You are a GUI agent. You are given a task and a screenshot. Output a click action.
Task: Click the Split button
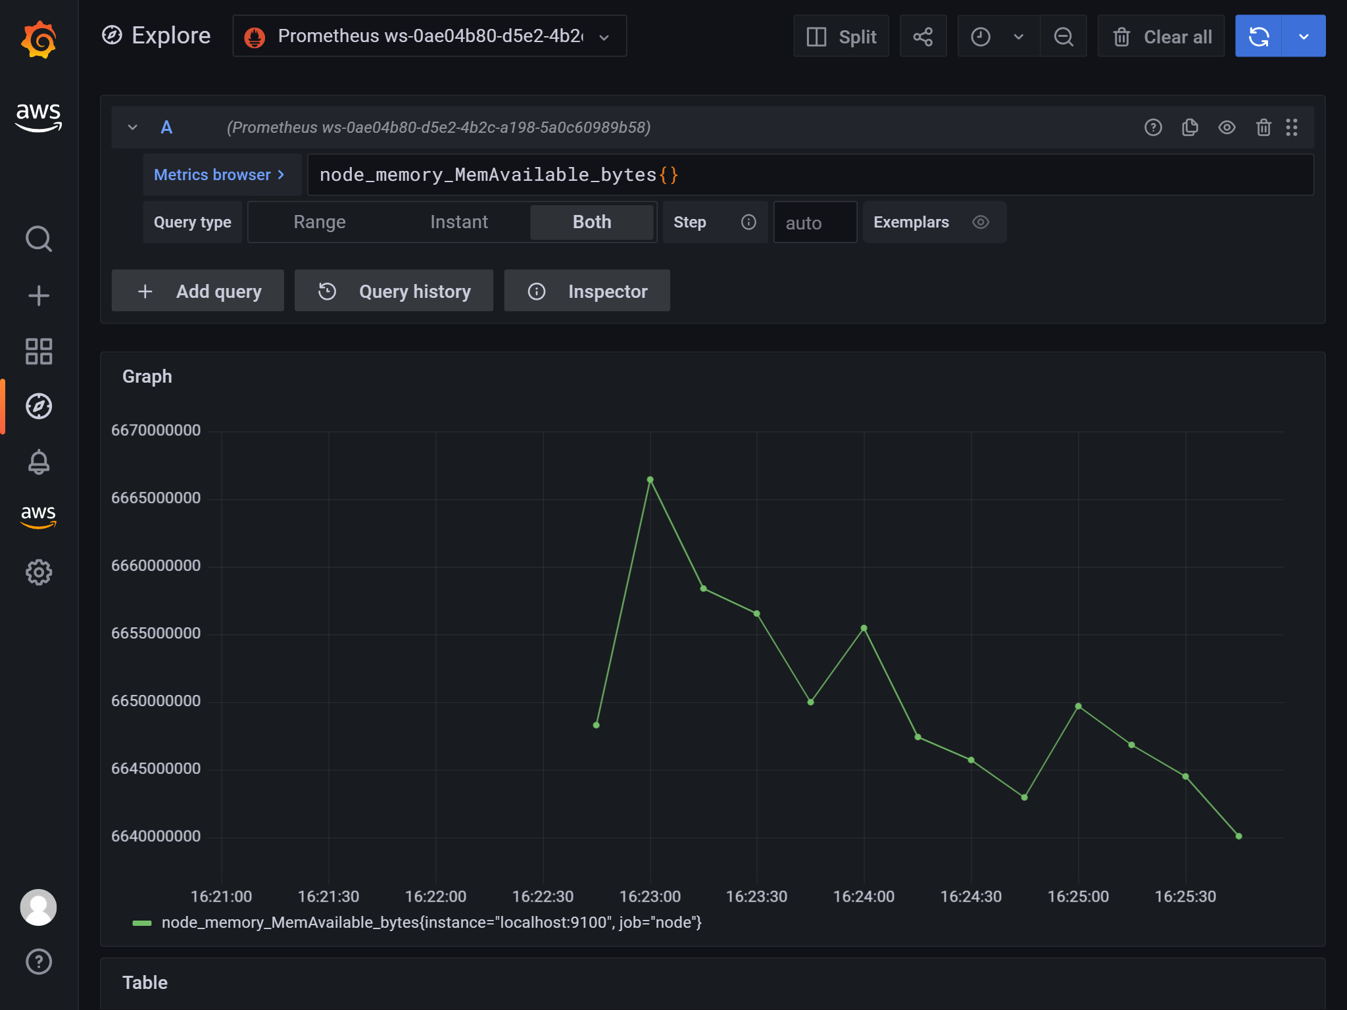pyautogui.click(x=841, y=36)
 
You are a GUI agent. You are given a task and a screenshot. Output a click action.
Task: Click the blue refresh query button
pyautogui.click(x=1258, y=36)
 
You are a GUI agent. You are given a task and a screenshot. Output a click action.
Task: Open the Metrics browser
pyautogui.click(x=219, y=175)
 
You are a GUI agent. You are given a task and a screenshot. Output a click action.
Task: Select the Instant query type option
pyautogui.click(x=458, y=222)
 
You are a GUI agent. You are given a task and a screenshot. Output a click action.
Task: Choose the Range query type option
pyautogui.click(x=319, y=222)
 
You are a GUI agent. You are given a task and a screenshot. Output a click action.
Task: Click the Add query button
pyautogui.click(x=198, y=291)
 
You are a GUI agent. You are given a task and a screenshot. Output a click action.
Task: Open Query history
pyautogui.click(x=394, y=291)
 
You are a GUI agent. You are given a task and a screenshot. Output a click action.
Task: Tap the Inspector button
pyautogui.click(x=587, y=291)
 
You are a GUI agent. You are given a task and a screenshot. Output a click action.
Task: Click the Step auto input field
pyautogui.click(x=815, y=223)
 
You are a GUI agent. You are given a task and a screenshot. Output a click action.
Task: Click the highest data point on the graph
pyautogui.click(x=650, y=479)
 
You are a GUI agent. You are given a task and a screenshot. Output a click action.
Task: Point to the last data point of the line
pyautogui.click(x=1238, y=836)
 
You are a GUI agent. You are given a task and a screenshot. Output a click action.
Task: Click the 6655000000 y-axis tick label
pyautogui.click(x=156, y=633)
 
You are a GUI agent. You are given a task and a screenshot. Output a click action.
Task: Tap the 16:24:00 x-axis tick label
pyautogui.click(x=864, y=896)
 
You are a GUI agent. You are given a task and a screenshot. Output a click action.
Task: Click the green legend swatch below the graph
pyautogui.click(x=142, y=923)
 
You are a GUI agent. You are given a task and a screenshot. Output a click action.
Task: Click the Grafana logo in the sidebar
pyautogui.click(x=39, y=39)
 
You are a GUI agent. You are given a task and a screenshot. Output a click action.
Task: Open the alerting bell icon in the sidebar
pyautogui.click(x=39, y=462)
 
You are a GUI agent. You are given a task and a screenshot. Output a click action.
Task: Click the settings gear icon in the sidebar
pyautogui.click(x=39, y=572)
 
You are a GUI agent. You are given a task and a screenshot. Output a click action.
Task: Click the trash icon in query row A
pyautogui.click(x=1263, y=128)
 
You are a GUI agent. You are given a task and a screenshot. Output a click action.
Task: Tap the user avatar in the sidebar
pyautogui.click(x=39, y=907)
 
